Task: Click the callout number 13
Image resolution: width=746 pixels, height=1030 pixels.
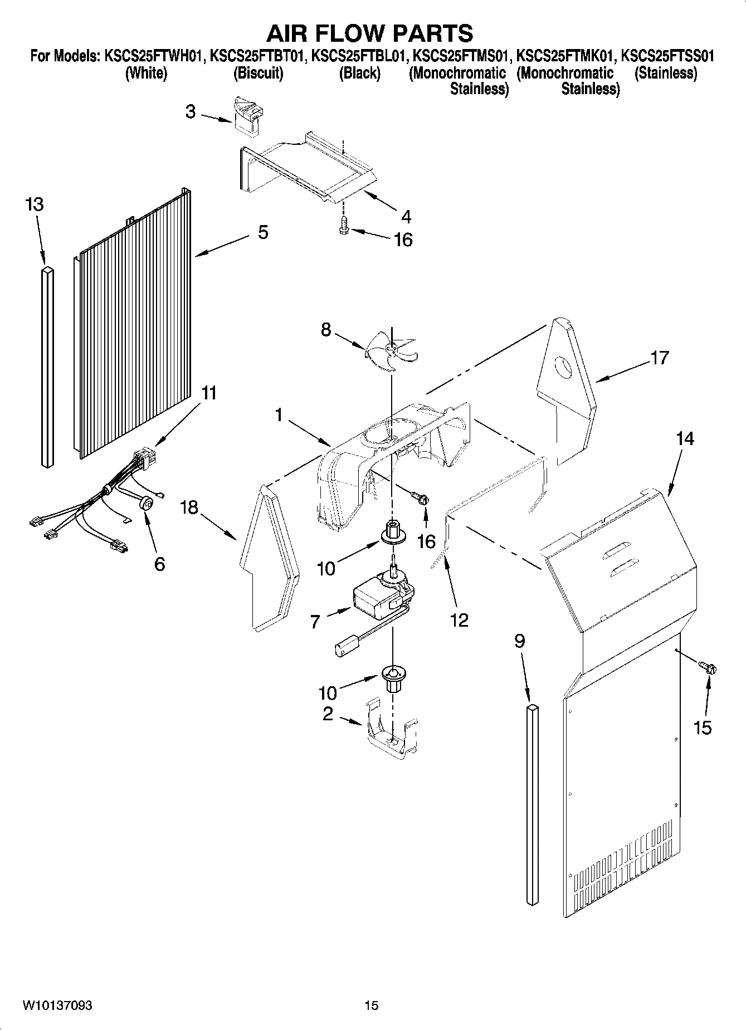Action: coord(34,204)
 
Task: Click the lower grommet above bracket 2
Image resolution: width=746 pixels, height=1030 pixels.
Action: coord(392,677)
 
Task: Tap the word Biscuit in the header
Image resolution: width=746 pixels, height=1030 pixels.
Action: coord(258,73)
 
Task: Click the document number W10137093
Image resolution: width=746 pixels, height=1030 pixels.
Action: coord(57,1005)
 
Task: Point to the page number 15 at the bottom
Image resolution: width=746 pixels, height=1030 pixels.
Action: coord(372,1005)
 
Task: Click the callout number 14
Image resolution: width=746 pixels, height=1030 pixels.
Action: coord(685,439)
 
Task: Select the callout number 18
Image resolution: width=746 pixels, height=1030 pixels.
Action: coord(189,507)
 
